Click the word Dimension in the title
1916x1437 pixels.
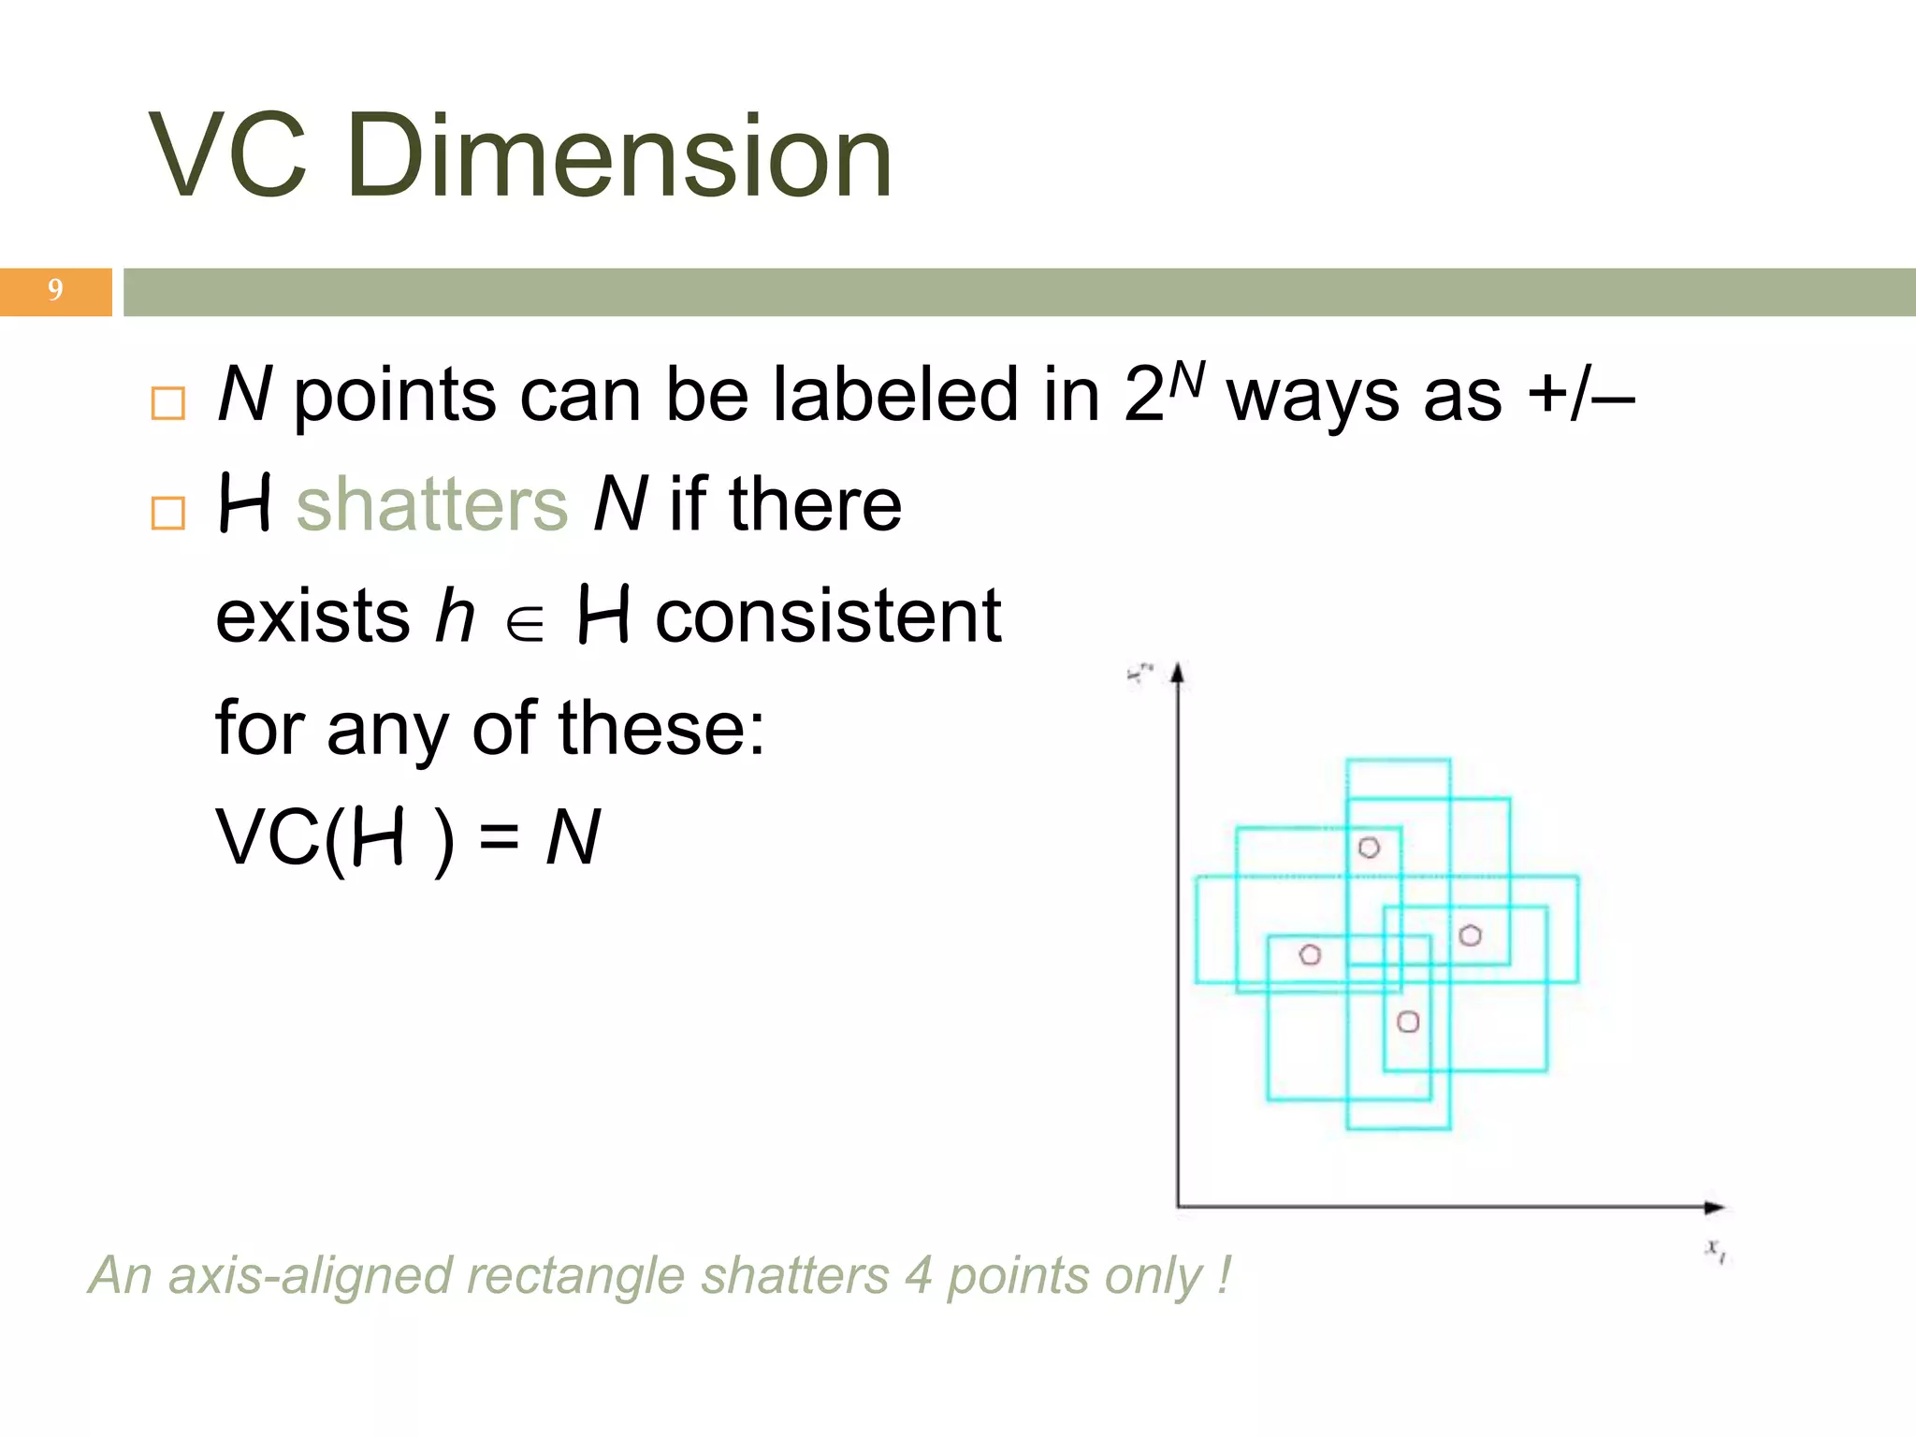pos(619,155)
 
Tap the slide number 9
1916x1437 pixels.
pos(55,290)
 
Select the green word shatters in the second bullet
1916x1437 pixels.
pos(432,504)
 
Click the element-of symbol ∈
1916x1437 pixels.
pos(525,624)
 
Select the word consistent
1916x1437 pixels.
pos(827,617)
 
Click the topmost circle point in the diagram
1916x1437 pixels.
pos(1369,848)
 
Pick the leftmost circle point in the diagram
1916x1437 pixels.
pos(1310,954)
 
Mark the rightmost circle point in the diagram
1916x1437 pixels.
pos(1470,936)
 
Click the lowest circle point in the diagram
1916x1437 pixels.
pos(1408,1022)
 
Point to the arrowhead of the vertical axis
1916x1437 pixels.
pos(1179,673)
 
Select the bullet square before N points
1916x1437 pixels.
pos(167,403)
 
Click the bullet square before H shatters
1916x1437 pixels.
pos(167,513)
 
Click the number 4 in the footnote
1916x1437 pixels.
pos(918,1275)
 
